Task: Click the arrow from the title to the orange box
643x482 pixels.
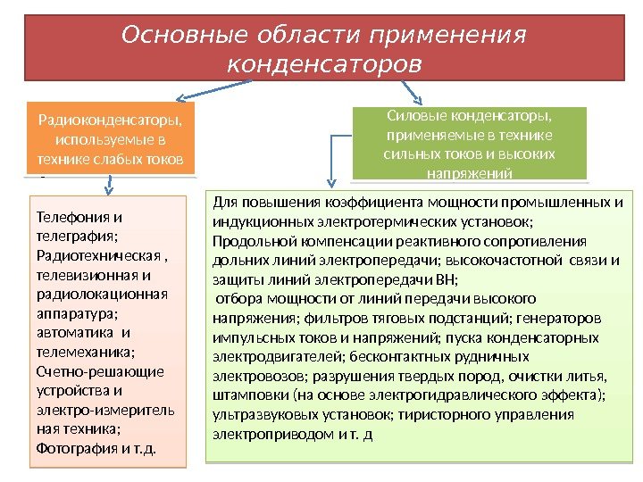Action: tap(205, 94)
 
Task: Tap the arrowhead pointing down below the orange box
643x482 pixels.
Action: tap(108, 190)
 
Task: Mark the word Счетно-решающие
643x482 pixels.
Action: tap(99, 371)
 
